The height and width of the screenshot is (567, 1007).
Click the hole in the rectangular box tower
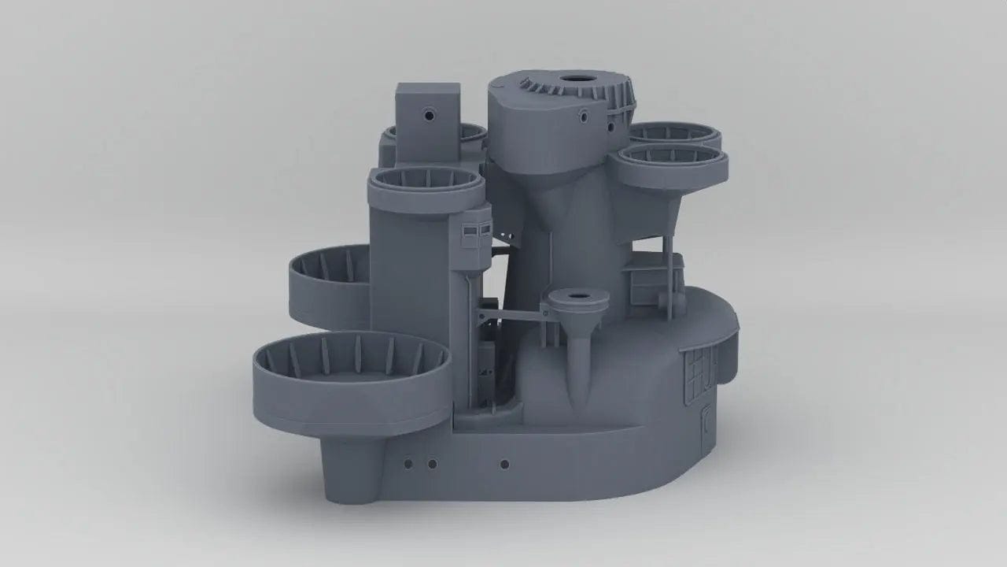pos(429,115)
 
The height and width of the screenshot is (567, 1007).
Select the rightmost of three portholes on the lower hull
pos(504,464)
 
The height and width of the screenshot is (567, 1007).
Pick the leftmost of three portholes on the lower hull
pos(408,463)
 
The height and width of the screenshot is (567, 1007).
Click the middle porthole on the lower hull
pos(432,463)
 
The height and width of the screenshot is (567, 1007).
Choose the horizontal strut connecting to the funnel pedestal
pos(511,314)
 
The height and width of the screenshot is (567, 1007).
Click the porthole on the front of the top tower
pos(584,117)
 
